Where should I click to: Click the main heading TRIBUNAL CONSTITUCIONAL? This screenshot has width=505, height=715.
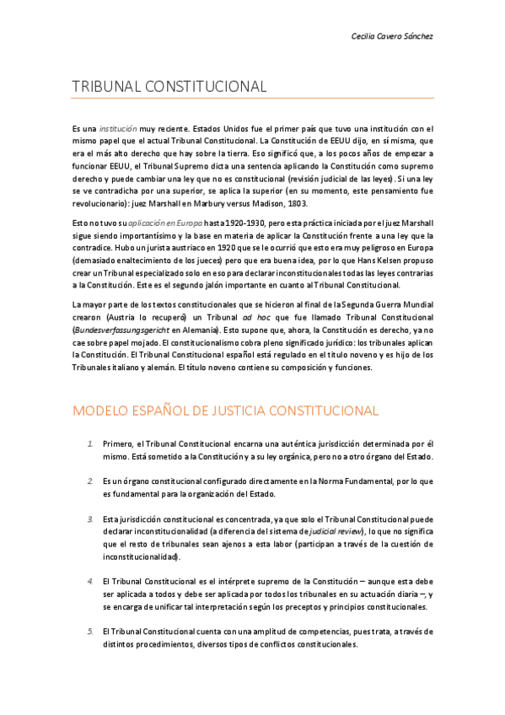click(x=170, y=87)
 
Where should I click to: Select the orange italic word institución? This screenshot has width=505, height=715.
click(x=118, y=127)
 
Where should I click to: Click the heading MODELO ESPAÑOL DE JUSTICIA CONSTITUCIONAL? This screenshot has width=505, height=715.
click(x=226, y=411)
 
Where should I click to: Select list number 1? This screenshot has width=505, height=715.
click(x=90, y=443)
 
